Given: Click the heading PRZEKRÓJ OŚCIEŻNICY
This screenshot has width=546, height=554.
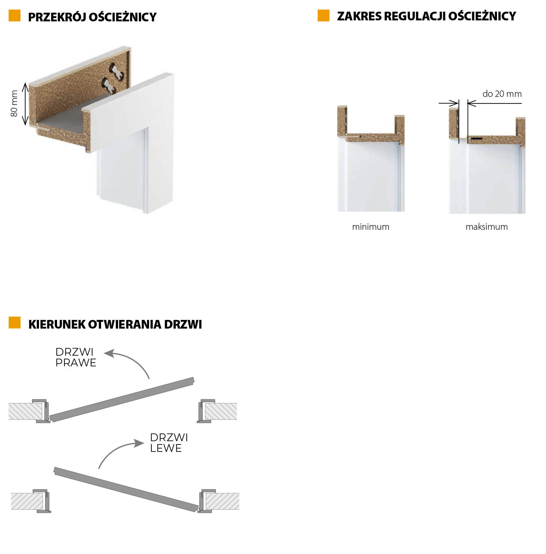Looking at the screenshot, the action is click(92, 17).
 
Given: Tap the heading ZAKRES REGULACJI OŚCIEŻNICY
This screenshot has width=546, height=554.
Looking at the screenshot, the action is click(426, 16).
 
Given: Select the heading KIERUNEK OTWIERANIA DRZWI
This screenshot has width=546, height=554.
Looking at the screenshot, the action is click(115, 324).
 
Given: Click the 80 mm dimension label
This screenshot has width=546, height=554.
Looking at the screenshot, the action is click(14, 104).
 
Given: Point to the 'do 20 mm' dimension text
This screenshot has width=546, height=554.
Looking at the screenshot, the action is click(502, 94).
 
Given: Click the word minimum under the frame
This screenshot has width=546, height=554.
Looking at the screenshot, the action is click(371, 227).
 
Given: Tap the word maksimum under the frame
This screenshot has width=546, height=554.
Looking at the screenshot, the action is click(487, 227).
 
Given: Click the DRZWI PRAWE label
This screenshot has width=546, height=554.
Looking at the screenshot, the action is click(76, 357).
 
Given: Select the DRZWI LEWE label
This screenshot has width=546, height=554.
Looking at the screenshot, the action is click(169, 442).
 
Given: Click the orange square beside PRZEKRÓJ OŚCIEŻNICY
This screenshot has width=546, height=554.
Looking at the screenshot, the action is click(15, 16).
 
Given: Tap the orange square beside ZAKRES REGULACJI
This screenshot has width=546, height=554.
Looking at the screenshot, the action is click(324, 16).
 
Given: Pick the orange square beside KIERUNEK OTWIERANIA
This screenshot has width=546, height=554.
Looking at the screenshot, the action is click(15, 323).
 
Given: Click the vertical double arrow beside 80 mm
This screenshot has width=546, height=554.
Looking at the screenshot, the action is click(25, 104).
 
